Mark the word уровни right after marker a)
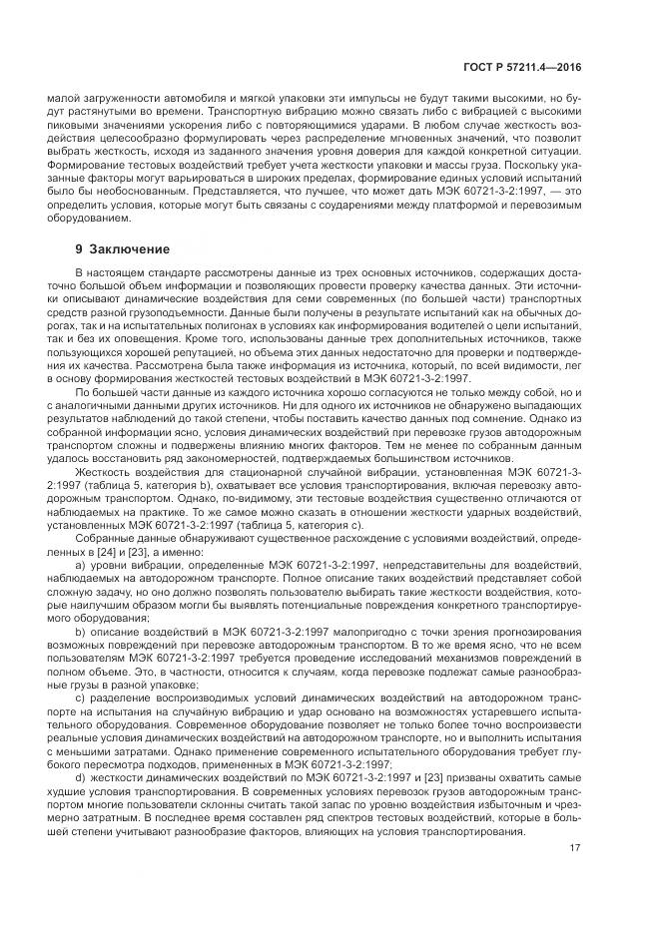click(x=109, y=565)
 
